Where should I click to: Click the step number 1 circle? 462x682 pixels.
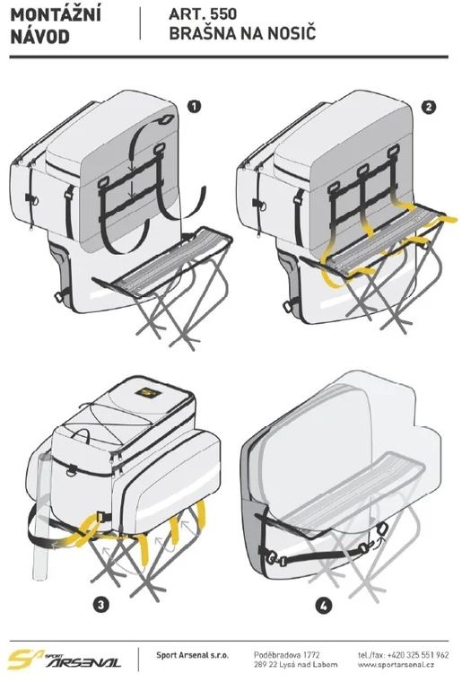click(x=195, y=106)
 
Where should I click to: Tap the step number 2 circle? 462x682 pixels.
click(x=429, y=107)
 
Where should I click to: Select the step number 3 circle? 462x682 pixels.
click(x=100, y=604)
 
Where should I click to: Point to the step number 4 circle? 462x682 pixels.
click(x=324, y=606)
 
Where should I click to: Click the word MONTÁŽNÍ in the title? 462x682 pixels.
click(x=56, y=14)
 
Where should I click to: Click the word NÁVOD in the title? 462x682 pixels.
click(x=40, y=37)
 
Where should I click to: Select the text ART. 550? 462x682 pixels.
click(x=203, y=14)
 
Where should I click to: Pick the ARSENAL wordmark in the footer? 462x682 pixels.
click(x=83, y=662)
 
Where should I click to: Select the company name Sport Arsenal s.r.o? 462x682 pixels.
click(x=192, y=655)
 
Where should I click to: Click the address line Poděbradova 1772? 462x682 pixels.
click(x=287, y=654)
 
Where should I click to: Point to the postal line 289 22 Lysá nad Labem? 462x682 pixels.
click(x=295, y=665)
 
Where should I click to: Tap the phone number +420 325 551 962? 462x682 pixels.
click(x=418, y=654)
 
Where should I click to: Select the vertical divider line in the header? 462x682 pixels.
click(x=140, y=23)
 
